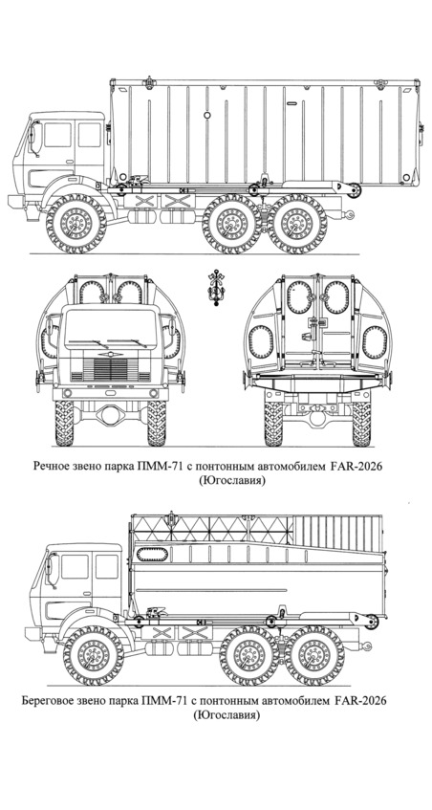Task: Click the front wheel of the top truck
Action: point(76,223)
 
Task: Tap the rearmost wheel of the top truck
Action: point(297,223)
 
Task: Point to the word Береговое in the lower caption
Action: point(47,701)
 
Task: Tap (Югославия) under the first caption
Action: point(230,480)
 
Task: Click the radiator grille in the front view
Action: point(111,369)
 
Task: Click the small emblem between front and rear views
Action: point(212,286)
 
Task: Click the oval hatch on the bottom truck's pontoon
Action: point(152,555)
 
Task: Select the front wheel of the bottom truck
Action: point(93,655)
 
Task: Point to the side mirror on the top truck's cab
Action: point(35,137)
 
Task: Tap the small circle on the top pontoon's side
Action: point(207,115)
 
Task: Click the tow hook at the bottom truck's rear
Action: point(366,644)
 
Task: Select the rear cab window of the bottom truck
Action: point(107,566)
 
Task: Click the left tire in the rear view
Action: point(273,424)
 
